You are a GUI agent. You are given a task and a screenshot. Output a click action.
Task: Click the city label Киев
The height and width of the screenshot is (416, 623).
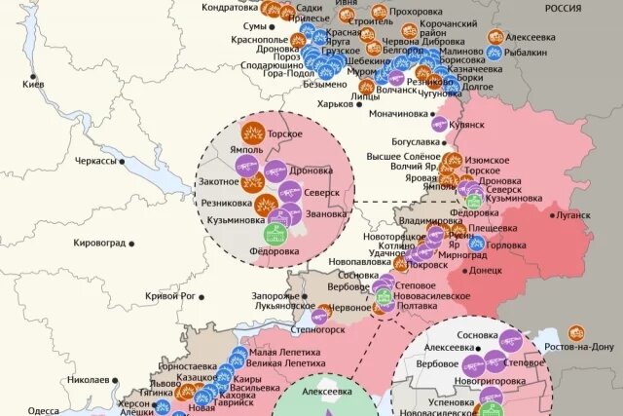35,86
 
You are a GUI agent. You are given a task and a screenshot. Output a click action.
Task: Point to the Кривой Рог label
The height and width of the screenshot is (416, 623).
170,295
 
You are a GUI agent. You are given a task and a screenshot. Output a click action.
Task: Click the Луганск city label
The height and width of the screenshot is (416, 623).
573,214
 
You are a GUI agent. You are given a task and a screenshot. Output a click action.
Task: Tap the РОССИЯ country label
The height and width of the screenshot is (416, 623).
563,7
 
